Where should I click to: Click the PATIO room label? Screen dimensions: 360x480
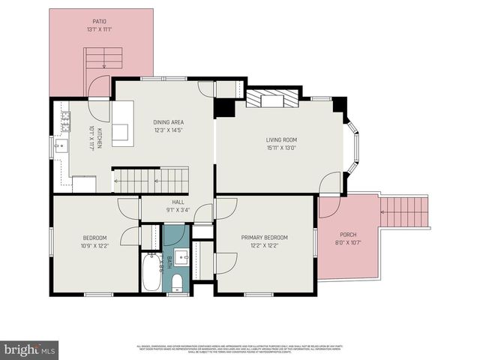pyautogui.click(x=99, y=22)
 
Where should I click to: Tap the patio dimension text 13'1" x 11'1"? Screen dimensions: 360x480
pyautogui.click(x=99, y=30)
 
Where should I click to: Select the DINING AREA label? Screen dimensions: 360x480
pyautogui.click(x=168, y=122)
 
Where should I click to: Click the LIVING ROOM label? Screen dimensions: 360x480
pyautogui.click(x=281, y=139)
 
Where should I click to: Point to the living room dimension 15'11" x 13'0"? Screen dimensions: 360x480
pyautogui.click(x=281, y=148)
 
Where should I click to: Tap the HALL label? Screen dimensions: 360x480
pyautogui.click(x=178, y=202)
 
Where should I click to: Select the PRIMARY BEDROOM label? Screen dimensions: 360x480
pyautogui.click(x=264, y=237)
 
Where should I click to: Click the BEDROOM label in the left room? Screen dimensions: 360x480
pyautogui.click(x=94, y=237)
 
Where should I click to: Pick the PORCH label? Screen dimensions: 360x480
pyautogui.click(x=348, y=234)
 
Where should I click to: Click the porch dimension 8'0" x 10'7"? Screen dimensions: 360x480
pyautogui.click(x=348, y=242)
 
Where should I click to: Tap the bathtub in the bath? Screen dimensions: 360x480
pyautogui.click(x=151, y=273)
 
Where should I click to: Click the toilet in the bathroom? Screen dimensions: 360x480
pyautogui.click(x=176, y=282)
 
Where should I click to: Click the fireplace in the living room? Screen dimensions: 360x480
pyautogui.click(x=272, y=99)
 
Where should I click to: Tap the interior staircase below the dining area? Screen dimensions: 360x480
pyautogui.click(x=161, y=180)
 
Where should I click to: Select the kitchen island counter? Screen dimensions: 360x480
pyautogui.click(x=122, y=124)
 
